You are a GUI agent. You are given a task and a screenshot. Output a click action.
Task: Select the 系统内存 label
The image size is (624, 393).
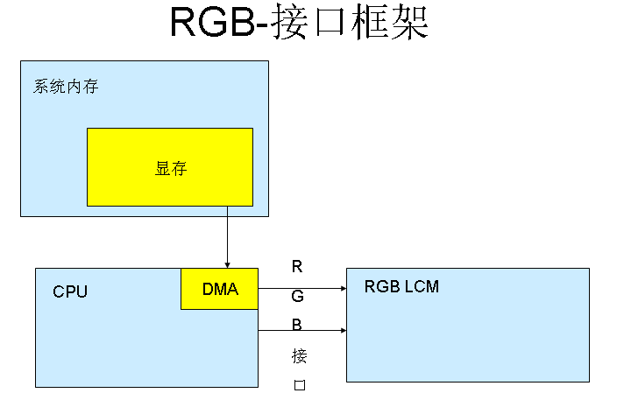point(66,87)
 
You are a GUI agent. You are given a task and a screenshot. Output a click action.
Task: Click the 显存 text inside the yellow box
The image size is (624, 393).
point(171,169)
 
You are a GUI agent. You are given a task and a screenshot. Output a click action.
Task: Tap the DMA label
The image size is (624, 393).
point(220,290)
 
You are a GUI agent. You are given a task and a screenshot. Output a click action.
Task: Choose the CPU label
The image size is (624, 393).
point(70,291)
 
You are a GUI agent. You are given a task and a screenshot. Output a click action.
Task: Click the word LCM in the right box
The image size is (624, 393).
point(421,287)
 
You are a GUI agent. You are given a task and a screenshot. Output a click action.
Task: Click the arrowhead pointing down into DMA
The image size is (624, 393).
point(227,263)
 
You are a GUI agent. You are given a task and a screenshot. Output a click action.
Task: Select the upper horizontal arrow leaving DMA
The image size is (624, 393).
point(298,287)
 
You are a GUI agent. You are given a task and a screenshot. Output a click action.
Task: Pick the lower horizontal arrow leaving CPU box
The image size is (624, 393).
point(298,331)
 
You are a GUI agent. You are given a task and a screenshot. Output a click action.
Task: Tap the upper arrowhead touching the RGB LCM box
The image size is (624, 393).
point(343,287)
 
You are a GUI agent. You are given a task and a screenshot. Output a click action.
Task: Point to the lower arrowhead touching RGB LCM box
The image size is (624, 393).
point(343,331)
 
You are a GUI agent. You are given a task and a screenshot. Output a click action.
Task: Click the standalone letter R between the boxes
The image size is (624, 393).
point(297,267)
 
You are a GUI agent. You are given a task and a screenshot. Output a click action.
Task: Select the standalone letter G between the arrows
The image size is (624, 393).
point(298,297)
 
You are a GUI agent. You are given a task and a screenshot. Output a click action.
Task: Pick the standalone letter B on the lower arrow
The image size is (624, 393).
point(297,326)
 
